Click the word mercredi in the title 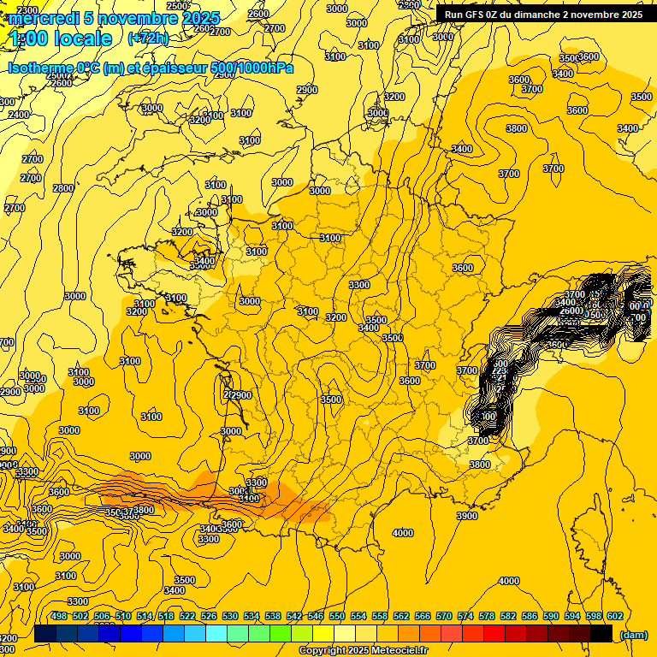pos(44,18)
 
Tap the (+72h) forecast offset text pos(148,38)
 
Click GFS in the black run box pos(476,15)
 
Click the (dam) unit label pos(633,634)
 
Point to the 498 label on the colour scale pos(59,616)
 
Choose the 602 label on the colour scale pos(615,616)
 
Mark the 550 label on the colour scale pos(337,616)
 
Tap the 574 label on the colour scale pos(465,616)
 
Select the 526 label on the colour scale pos(209,616)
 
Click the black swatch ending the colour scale pos(601,633)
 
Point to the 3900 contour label pos(467,516)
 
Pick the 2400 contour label pos(18,115)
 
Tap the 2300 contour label pos(27,10)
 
